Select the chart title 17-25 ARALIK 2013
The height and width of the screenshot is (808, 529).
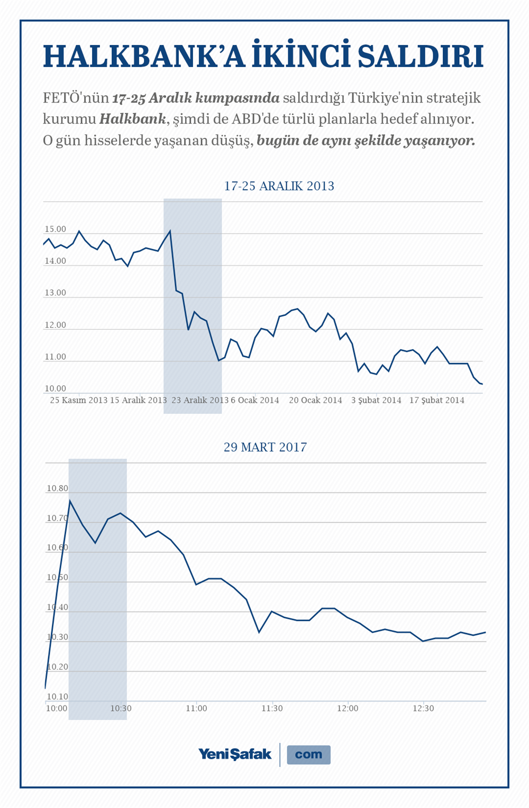(x=279, y=186)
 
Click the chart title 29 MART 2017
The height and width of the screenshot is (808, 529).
(x=265, y=447)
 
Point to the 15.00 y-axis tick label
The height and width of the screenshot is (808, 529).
(x=55, y=229)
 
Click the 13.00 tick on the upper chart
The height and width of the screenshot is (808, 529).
(x=55, y=293)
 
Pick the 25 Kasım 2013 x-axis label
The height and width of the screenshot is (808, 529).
(x=79, y=400)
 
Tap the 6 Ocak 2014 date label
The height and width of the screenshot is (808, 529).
(x=254, y=400)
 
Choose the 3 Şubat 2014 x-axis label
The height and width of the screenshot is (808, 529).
(x=376, y=400)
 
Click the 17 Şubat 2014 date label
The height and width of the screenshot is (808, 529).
(x=437, y=400)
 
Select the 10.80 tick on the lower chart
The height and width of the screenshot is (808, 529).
(x=57, y=488)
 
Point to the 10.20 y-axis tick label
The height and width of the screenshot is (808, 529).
(x=57, y=667)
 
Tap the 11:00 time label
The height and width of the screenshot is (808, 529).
(x=196, y=708)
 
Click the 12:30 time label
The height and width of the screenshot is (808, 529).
(x=423, y=708)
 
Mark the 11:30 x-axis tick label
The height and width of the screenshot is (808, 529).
(x=272, y=708)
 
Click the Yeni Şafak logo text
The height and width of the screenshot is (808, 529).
(x=235, y=754)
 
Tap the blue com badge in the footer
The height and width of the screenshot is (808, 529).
(x=308, y=755)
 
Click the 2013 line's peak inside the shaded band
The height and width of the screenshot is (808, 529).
(x=170, y=231)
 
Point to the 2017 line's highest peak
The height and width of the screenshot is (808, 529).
(x=70, y=500)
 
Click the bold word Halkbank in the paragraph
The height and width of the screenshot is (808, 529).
(x=133, y=119)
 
